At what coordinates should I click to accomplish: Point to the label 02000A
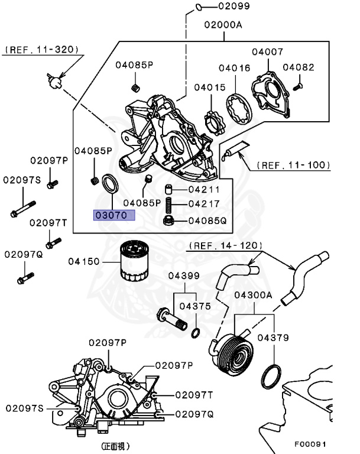[223, 25]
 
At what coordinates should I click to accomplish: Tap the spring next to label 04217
[168, 205]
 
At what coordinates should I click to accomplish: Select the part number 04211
[204, 190]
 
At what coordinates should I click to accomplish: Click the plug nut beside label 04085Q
[168, 221]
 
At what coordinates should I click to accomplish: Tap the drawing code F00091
[310, 443]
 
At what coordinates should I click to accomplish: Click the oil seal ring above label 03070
[110, 182]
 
